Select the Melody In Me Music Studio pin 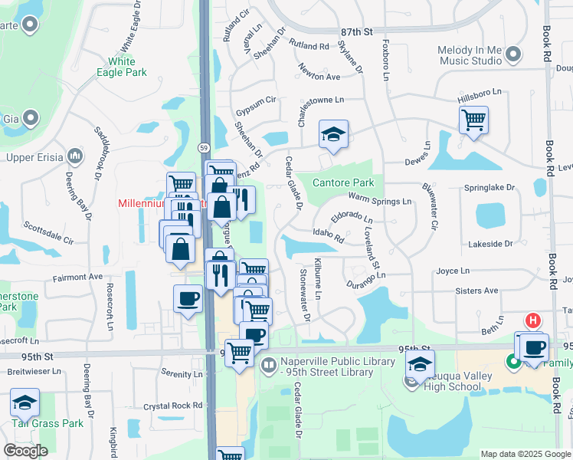coord(513,54)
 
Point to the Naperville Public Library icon coord(267,364)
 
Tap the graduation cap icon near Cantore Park coord(334,134)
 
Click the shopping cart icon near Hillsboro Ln coord(473,119)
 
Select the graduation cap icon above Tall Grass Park coord(25,402)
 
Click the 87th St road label coord(356,31)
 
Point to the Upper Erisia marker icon coord(75,157)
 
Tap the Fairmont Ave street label coord(77,277)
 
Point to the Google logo coord(25,451)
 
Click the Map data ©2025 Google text coord(525,454)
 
